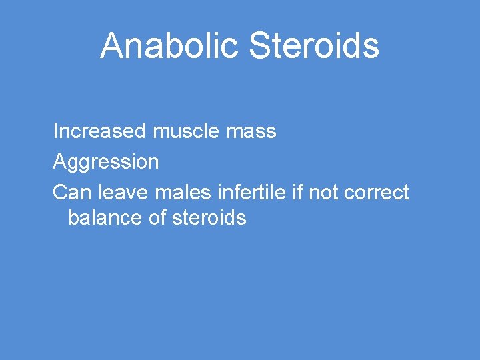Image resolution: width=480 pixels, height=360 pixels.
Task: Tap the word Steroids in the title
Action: (314, 46)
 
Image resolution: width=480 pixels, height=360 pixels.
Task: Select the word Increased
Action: (99, 131)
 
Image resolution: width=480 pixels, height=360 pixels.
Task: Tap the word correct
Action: (377, 193)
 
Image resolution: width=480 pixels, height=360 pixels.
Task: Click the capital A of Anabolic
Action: (111, 46)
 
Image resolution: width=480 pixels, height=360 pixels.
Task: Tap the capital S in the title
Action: (260, 46)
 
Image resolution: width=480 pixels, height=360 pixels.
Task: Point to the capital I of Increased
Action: (55, 131)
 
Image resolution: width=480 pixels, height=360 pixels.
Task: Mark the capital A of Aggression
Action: (59, 161)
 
